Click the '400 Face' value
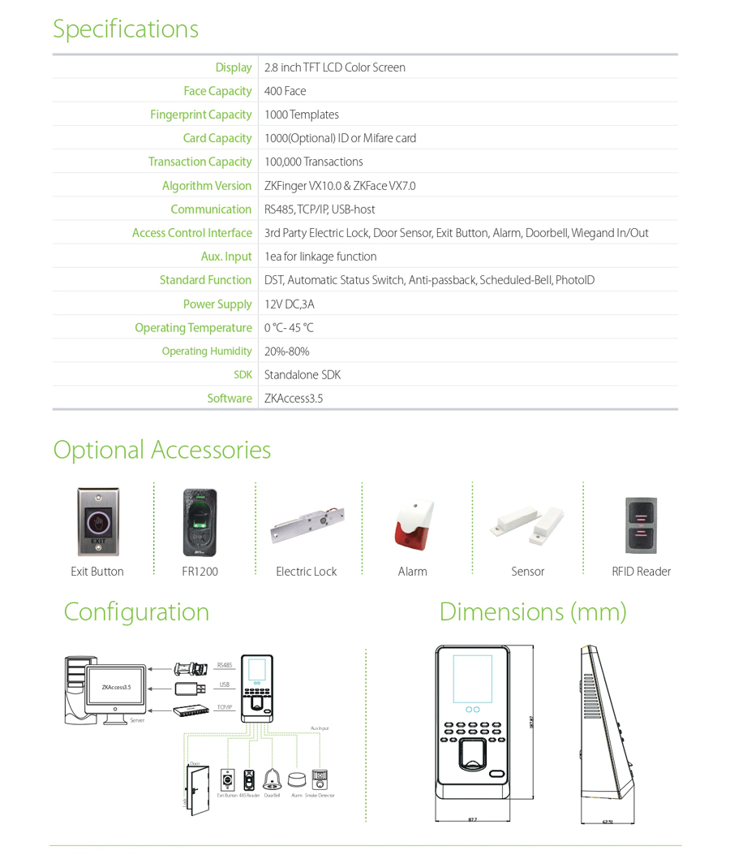coord(285,91)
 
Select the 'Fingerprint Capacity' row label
coord(200,114)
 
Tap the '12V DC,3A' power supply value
coord(289,304)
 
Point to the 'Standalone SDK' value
coord(303,374)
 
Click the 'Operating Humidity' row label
coord(207,351)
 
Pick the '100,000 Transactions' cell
coord(313,162)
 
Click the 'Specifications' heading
coord(126,28)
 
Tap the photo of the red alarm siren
coord(412,524)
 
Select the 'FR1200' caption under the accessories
coord(200,572)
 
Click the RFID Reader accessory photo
coord(641,524)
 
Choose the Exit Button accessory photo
coord(97,522)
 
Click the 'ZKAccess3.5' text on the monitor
coord(116,687)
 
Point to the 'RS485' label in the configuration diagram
coord(225,665)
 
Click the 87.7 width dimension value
coord(472,819)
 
